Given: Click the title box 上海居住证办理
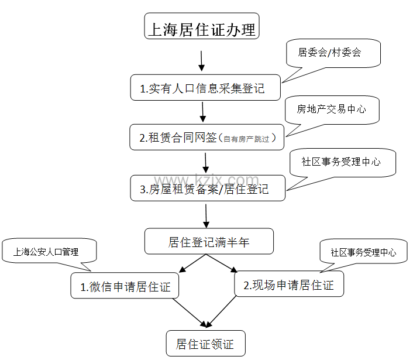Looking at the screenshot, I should (x=201, y=27).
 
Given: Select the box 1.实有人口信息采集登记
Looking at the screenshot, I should (x=205, y=88).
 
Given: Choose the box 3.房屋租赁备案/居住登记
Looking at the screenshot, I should (x=207, y=188).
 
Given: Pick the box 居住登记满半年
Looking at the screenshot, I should (x=209, y=241).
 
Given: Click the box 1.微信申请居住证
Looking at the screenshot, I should (x=125, y=287).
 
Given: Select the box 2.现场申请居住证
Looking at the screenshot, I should (x=289, y=285).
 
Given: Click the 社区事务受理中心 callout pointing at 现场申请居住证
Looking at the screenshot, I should (x=363, y=252).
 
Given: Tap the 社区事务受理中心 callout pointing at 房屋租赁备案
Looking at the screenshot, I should (x=342, y=162).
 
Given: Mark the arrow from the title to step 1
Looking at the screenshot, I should (x=201, y=60).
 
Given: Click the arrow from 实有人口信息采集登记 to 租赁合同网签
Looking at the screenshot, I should (x=204, y=111).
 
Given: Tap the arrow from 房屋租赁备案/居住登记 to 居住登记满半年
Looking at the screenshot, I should (x=206, y=214).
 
